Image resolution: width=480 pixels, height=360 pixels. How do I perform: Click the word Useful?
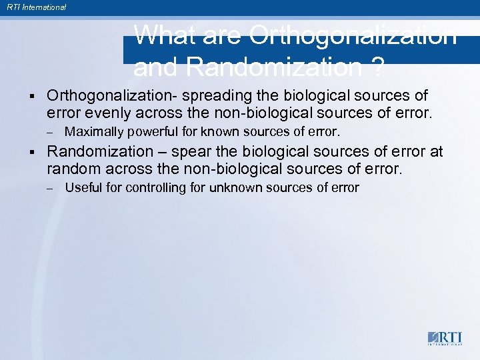83,187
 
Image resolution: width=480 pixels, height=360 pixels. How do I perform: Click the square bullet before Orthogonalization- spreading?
32,96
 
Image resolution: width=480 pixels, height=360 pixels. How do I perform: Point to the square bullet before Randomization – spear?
32,152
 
